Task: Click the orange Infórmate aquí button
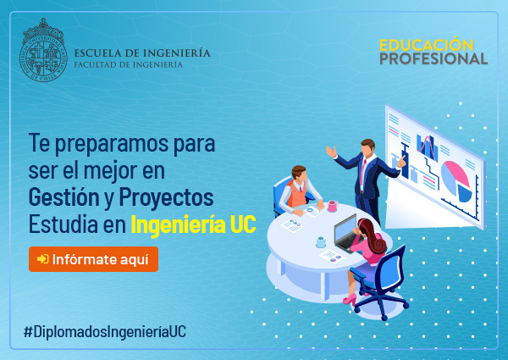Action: tap(93, 259)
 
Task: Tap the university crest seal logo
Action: tap(43, 50)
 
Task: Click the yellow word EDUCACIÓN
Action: tap(426, 45)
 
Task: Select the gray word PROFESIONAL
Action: tap(433, 58)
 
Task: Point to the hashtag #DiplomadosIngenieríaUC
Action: tap(105, 332)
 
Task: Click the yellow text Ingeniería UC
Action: tap(193, 224)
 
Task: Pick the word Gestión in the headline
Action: tap(63, 197)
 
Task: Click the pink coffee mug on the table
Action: tap(333, 206)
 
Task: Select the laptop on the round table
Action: tap(347, 233)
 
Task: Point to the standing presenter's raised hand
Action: tap(331, 152)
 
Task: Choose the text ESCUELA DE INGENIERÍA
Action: tap(142, 53)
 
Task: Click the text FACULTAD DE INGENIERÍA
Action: tap(129, 64)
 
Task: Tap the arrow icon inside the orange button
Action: tap(43, 259)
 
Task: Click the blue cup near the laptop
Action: tap(321, 241)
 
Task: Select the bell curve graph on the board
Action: tap(428, 147)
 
